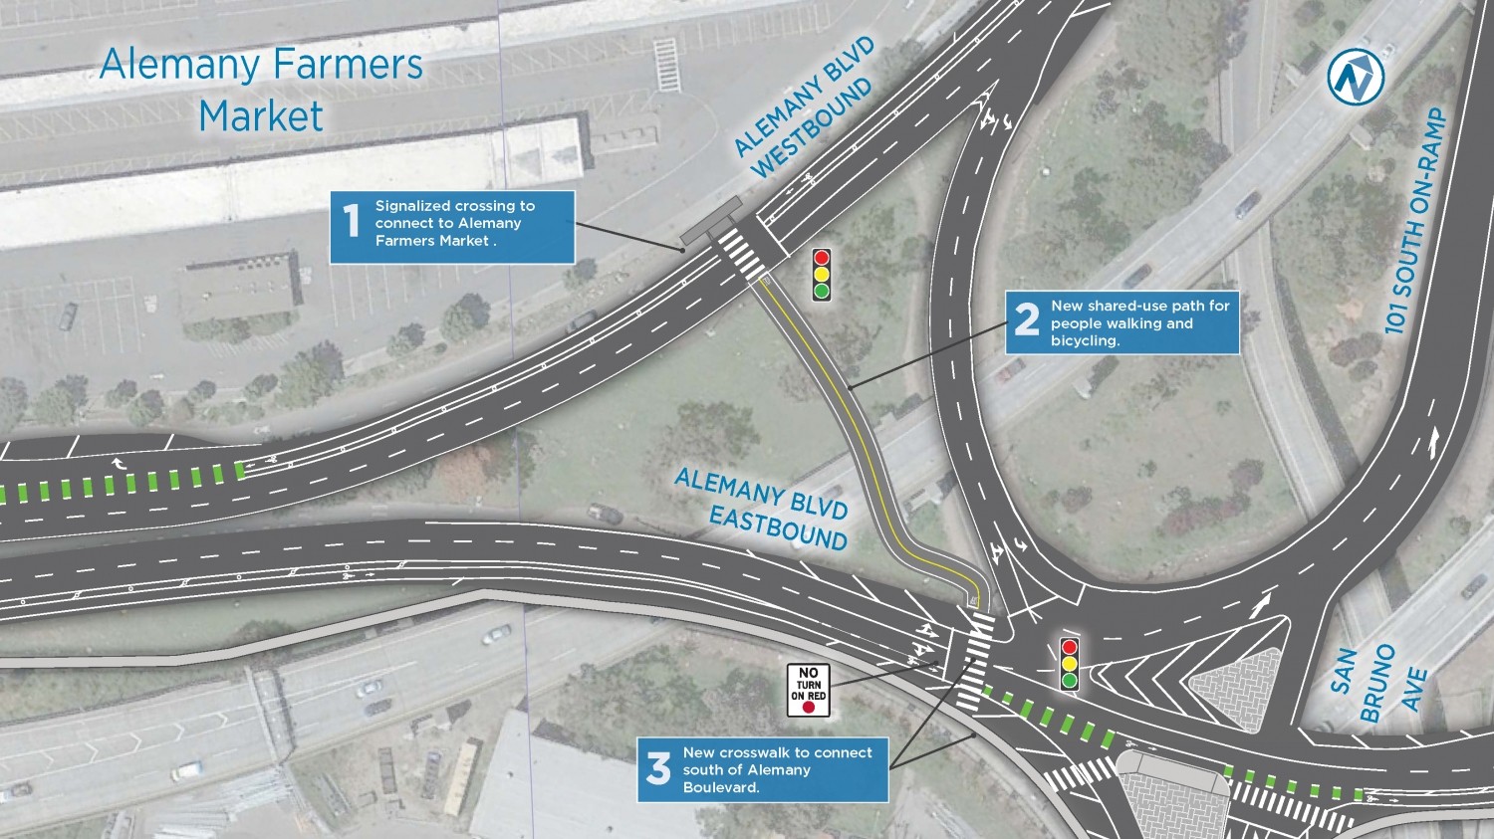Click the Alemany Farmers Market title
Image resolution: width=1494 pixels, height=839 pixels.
pyautogui.click(x=261, y=90)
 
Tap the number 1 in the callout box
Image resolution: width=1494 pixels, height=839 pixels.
pyautogui.click(x=351, y=221)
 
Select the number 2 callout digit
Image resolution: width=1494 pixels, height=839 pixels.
pyautogui.click(x=1027, y=320)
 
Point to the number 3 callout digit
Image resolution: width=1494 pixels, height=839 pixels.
pyautogui.click(x=658, y=768)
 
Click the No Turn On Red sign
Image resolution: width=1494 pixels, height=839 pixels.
pyautogui.click(x=808, y=690)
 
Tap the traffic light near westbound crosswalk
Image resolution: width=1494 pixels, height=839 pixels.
pyautogui.click(x=822, y=275)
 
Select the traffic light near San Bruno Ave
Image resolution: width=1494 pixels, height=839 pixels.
pyautogui.click(x=1070, y=663)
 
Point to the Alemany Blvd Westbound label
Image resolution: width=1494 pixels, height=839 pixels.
pyautogui.click(x=805, y=109)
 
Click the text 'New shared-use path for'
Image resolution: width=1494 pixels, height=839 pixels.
pyautogui.click(x=1139, y=306)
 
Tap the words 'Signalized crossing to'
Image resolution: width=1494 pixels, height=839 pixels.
pyautogui.click(x=454, y=206)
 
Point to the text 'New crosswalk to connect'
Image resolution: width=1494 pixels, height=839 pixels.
pyautogui.click(x=777, y=752)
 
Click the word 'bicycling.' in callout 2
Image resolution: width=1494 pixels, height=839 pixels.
pyautogui.click(x=1085, y=340)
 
